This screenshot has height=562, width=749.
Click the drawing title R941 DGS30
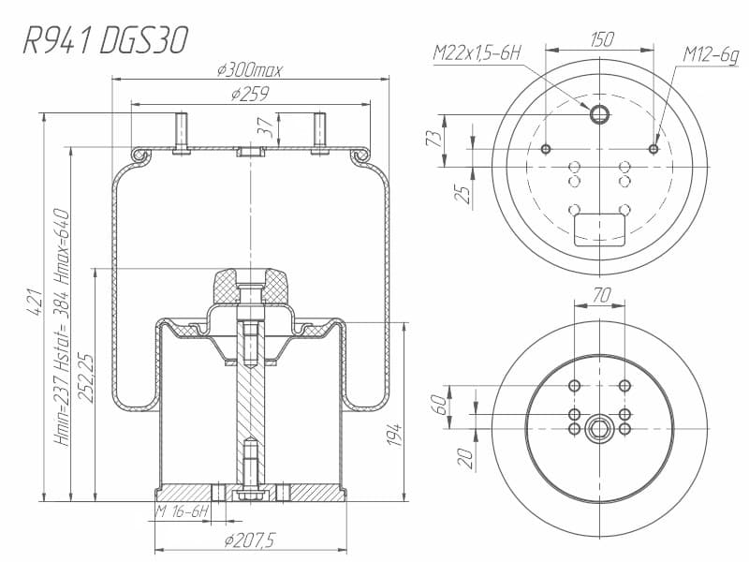tap(106, 39)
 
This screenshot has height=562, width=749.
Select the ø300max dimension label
tap(249, 70)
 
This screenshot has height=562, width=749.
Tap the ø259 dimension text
tap(250, 94)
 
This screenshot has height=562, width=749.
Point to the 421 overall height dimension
tap(34, 302)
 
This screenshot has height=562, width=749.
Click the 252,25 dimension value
tap(86, 378)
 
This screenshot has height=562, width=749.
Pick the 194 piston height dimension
tap(394, 435)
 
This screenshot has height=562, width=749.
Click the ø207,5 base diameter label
tap(250, 541)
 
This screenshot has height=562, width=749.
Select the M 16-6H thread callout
tap(183, 512)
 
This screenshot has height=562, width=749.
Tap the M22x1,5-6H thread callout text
tap(477, 52)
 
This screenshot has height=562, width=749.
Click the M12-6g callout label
tap(711, 55)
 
